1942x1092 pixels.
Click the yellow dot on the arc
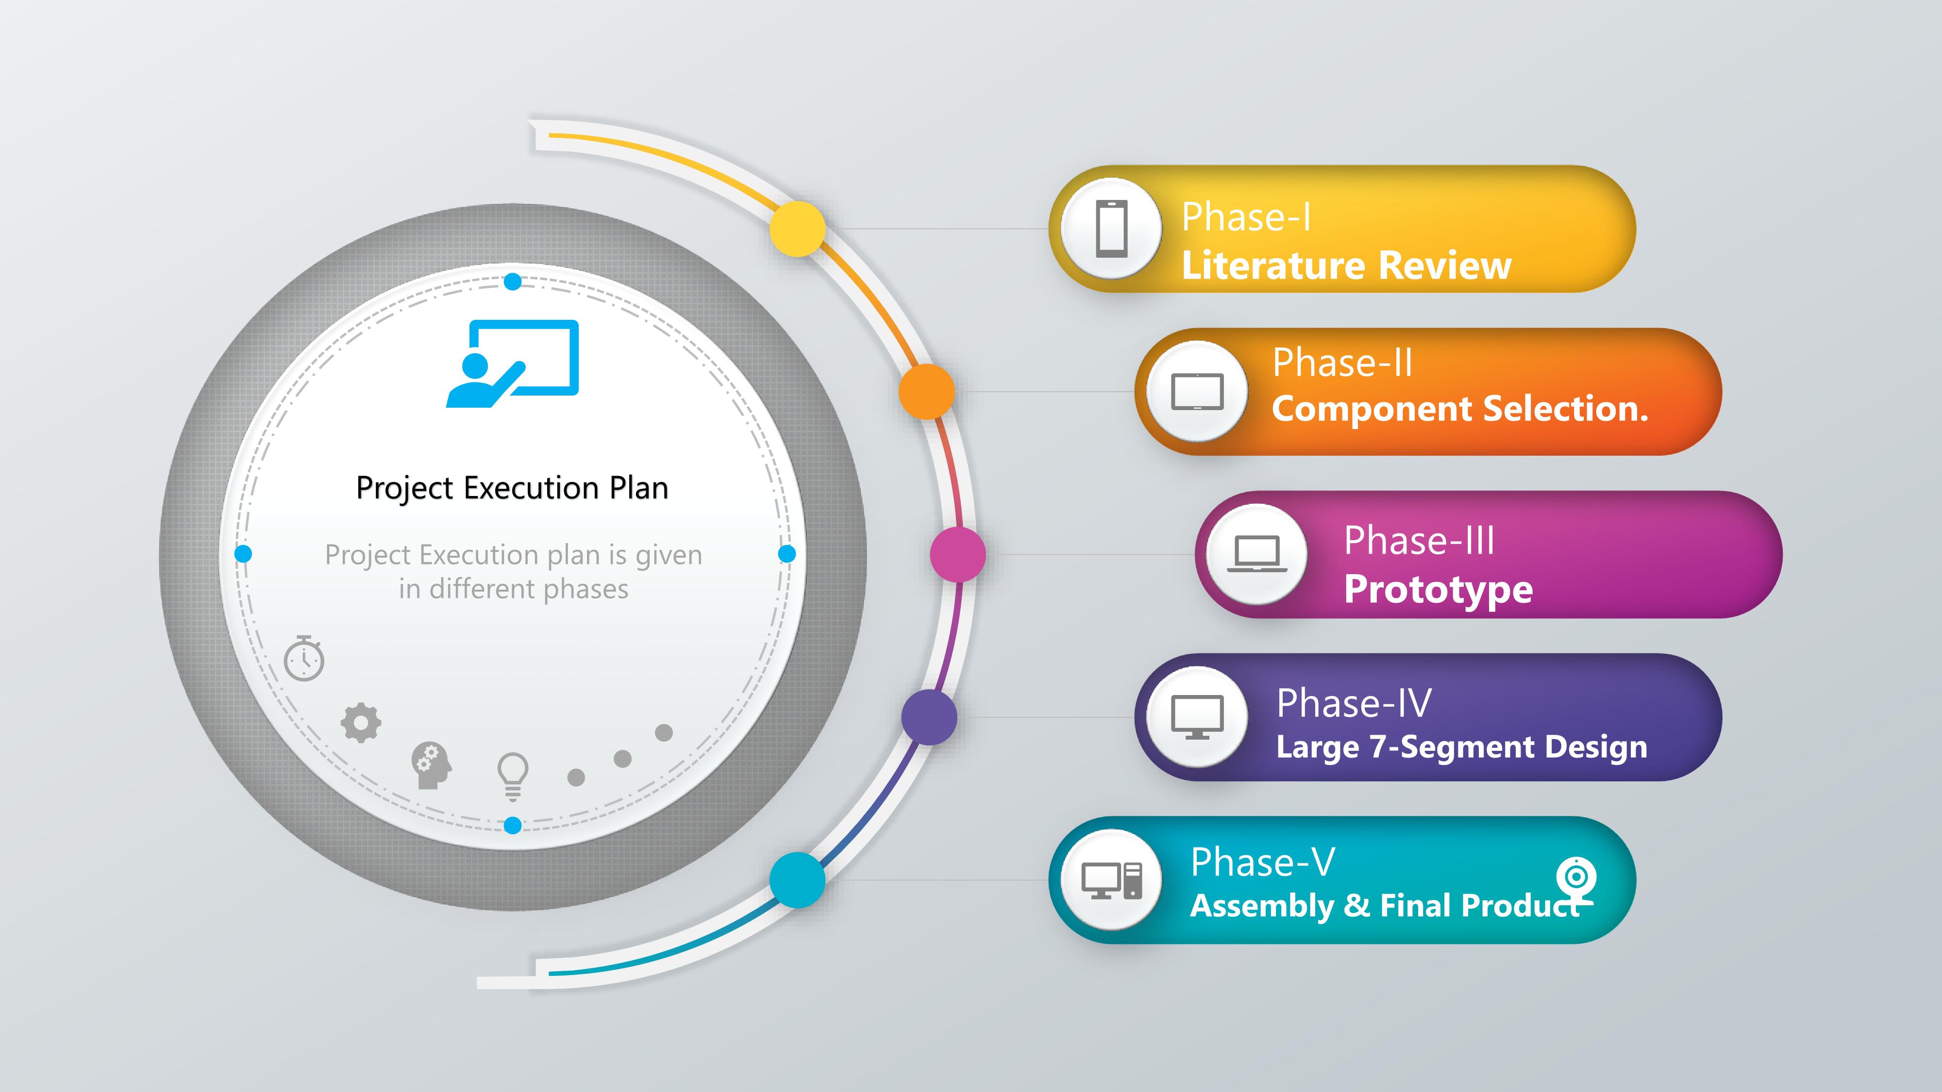798,228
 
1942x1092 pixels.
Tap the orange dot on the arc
926,391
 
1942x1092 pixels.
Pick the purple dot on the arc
929,717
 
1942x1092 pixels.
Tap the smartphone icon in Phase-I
1112,228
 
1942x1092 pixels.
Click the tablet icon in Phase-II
1197,392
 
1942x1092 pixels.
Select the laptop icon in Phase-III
1257,554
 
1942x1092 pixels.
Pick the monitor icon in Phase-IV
1197,717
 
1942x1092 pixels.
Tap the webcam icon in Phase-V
1575,879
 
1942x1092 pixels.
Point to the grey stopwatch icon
304,658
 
